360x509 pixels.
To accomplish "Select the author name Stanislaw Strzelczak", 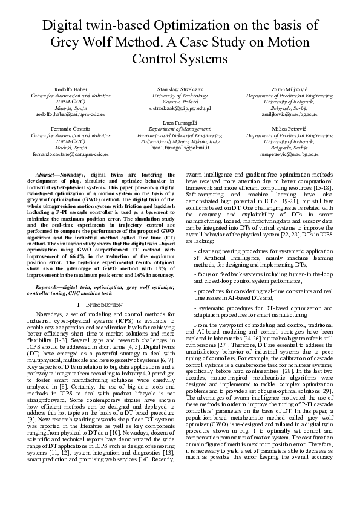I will point(179,89).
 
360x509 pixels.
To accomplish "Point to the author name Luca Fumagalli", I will point(179,123).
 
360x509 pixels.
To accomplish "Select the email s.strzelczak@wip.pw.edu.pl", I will point(179,108).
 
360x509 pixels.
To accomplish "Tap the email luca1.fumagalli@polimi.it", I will point(179,147).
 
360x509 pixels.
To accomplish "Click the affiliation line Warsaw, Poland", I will point(179,102).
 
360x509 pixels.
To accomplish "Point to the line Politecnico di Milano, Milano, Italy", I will point(179,141).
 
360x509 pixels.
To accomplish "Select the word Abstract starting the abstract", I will point(46,173).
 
